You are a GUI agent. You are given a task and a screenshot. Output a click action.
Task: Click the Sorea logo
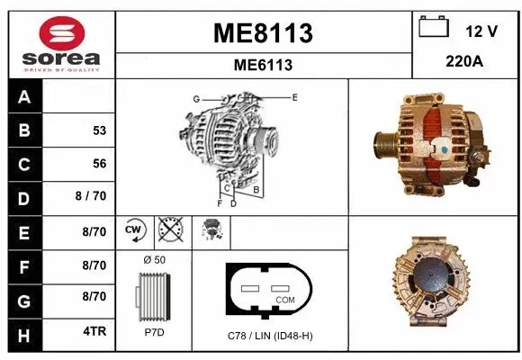[60, 43]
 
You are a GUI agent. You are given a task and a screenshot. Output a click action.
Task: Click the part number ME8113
[263, 33]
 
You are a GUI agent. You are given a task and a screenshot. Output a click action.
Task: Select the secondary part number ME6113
[263, 65]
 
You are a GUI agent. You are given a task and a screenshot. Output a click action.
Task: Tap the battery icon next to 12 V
[434, 29]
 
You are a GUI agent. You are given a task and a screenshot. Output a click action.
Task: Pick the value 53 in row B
[99, 130]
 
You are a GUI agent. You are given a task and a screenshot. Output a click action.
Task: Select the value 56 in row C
[99, 164]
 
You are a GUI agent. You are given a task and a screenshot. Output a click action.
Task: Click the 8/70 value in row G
[94, 296]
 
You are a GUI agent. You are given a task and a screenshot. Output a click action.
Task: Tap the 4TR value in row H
[94, 330]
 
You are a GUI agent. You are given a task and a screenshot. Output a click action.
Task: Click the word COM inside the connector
[284, 300]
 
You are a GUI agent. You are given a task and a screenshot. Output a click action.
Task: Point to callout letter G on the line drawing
[195, 98]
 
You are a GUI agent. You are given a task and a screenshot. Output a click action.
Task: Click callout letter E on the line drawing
[294, 95]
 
